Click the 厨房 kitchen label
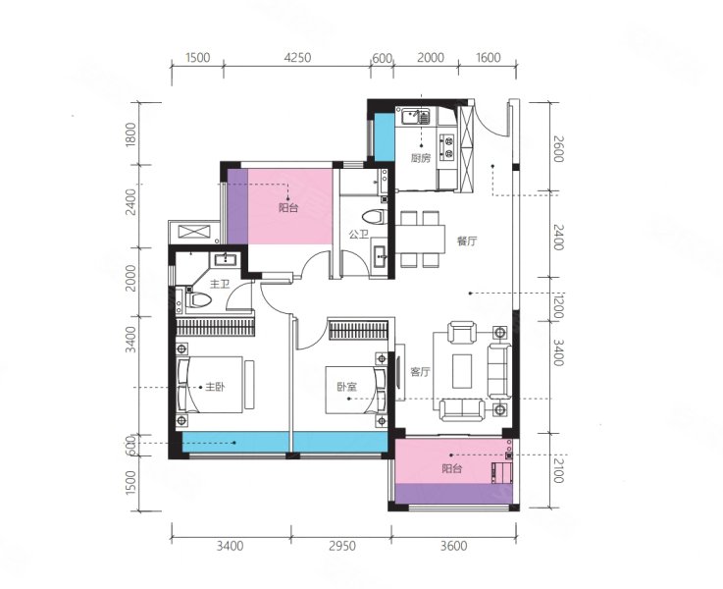[x=421, y=158]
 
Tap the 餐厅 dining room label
[x=467, y=241]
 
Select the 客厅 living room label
[x=420, y=372]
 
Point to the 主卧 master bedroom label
[x=216, y=387]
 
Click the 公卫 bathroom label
[x=359, y=235]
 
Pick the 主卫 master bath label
[x=220, y=284]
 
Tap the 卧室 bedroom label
[x=346, y=387]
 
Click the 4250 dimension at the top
[x=297, y=58]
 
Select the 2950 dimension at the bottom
[x=342, y=546]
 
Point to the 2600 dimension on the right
[x=558, y=148]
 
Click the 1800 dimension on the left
[x=130, y=134]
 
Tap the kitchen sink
[x=415, y=116]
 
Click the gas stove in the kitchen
[x=446, y=146]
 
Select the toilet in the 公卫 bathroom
[x=375, y=217]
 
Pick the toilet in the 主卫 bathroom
[x=199, y=300]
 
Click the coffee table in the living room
[x=462, y=371]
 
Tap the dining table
[x=421, y=239]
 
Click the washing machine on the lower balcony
[x=502, y=473]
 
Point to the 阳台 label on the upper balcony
[x=288, y=207]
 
